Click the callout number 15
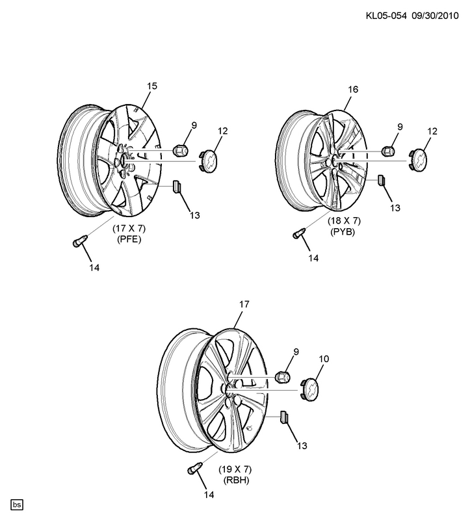(x=152, y=86)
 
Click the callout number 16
(x=353, y=90)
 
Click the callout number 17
(x=244, y=304)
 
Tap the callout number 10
(x=324, y=359)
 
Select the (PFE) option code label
(x=129, y=239)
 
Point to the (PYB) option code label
(x=343, y=231)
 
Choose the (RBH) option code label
(x=236, y=480)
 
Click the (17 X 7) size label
(x=129, y=229)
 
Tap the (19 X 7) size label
(x=235, y=469)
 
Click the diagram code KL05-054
(x=386, y=16)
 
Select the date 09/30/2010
(x=435, y=16)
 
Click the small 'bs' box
(x=18, y=504)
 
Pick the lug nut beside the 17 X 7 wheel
(x=181, y=151)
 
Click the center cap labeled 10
(x=309, y=388)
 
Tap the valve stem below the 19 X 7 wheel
(x=194, y=468)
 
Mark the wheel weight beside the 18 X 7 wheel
(x=381, y=179)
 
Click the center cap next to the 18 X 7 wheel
(x=418, y=161)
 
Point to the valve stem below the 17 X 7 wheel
(x=80, y=240)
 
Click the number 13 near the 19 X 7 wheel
(x=302, y=446)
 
